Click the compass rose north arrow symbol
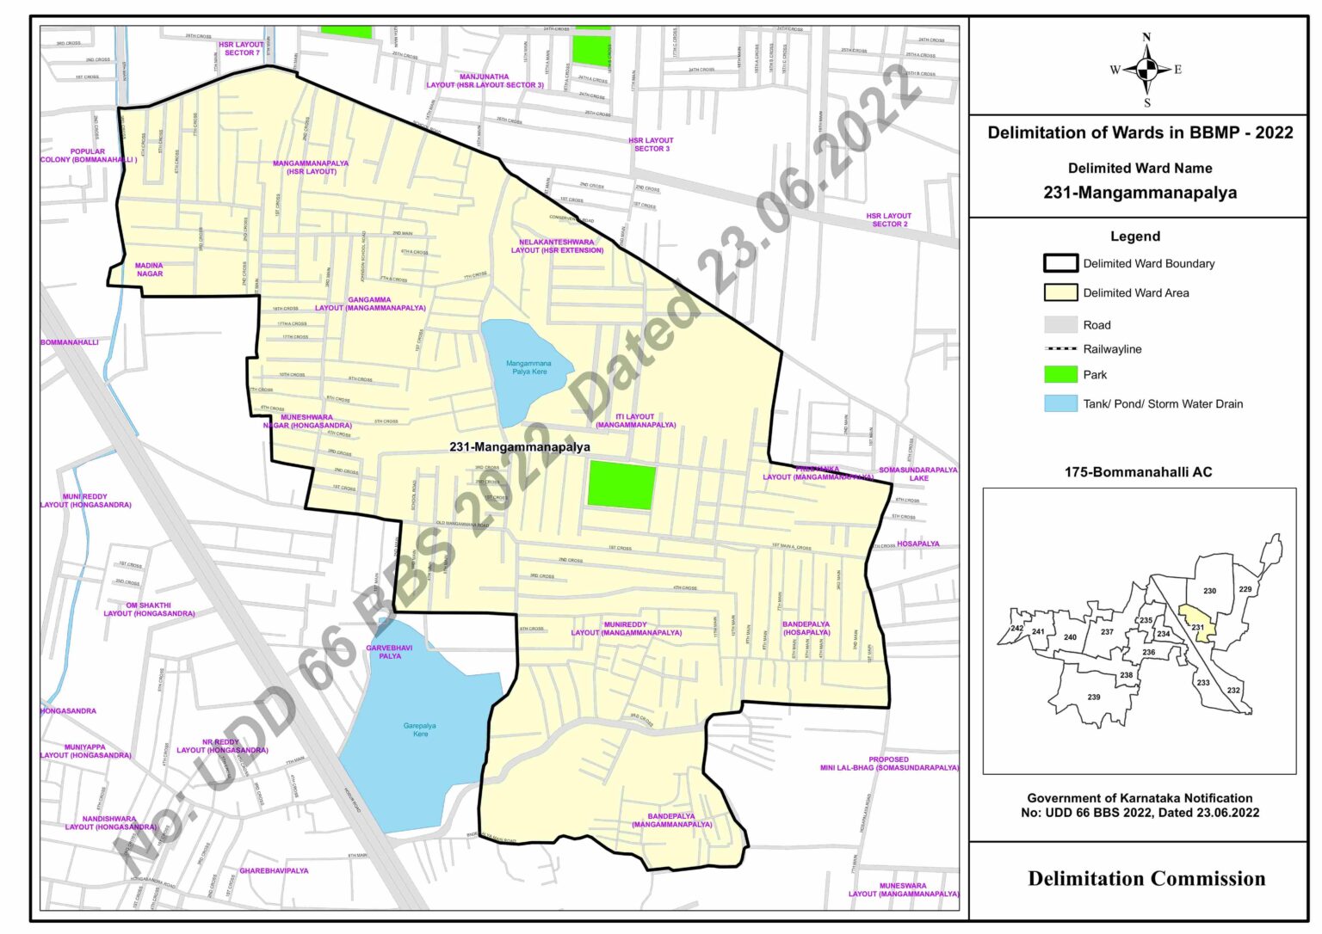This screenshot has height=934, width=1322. click(x=1146, y=70)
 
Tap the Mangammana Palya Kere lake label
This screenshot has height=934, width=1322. click(x=528, y=367)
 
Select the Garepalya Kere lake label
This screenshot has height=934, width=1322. click(x=420, y=729)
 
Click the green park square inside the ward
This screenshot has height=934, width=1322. click(x=621, y=485)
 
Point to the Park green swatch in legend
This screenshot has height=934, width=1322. click(x=1060, y=374)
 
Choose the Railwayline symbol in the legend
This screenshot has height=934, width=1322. click(x=1060, y=349)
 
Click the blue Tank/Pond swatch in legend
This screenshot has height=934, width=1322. click(x=1060, y=403)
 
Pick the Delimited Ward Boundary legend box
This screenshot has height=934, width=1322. click(x=1060, y=263)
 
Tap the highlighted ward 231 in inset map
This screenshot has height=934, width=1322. click(x=1195, y=623)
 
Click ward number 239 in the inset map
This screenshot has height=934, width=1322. click(x=1093, y=697)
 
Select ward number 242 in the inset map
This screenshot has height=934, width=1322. click(x=1017, y=629)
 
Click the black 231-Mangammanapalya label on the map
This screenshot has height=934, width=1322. click(x=520, y=447)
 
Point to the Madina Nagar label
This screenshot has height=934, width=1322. click(x=149, y=270)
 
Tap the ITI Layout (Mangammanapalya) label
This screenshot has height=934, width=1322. click(x=635, y=421)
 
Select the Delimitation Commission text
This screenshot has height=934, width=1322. click(x=1146, y=878)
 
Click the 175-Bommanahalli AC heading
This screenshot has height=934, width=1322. click(x=1138, y=472)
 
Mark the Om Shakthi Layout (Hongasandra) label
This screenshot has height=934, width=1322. click(x=149, y=610)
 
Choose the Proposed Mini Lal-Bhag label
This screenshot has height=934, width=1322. click(x=889, y=764)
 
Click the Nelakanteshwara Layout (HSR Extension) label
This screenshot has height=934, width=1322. click(x=557, y=246)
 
